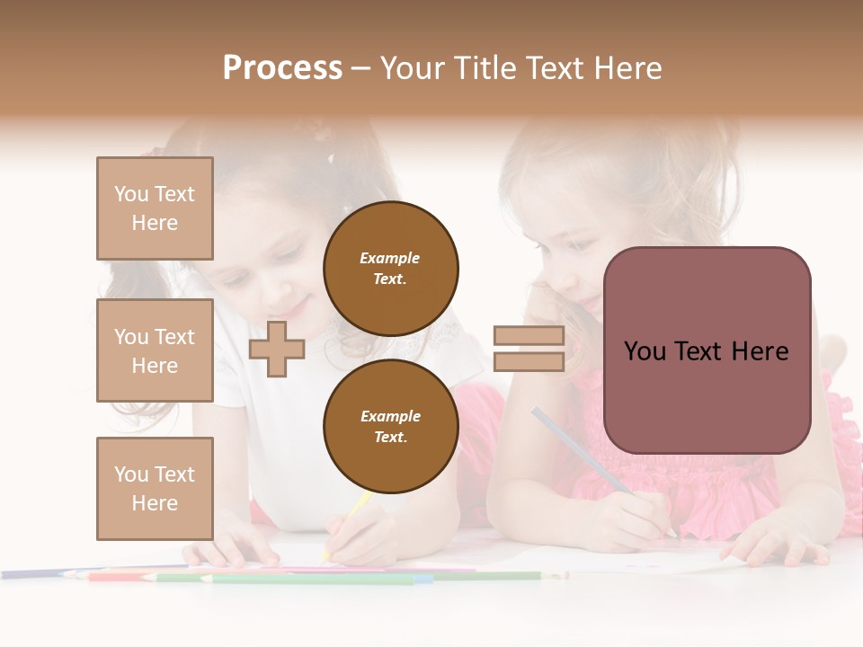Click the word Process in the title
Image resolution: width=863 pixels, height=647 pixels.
pyautogui.click(x=282, y=68)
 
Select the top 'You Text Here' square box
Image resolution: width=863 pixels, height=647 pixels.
pyautogui.click(x=155, y=208)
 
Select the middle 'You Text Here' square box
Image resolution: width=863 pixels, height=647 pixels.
pyautogui.click(x=155, y=350)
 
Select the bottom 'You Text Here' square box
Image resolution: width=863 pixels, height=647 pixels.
pyautogui.click(x=155, y=488)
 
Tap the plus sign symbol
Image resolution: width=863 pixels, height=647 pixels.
pyautogui.click(x=276, y=349)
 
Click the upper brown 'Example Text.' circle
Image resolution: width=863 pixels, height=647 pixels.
pyautogui.click(x=390, y=268)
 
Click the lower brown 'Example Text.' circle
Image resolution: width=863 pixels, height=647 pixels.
pyautogui.click(x=390, y=426)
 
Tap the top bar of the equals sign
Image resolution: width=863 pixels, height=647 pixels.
pyautogui.click(x=529, y=336)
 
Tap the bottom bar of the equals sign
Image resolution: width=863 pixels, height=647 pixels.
pyautogui.click(x=529, y=362)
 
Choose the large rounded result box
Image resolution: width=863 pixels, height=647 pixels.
pyautogui.click(x=707, y=350)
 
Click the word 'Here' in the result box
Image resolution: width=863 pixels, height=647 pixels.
pyautogui.click(x=759, y=351)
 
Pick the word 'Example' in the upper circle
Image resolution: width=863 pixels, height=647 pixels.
pyautogui.click(x=390, y=258)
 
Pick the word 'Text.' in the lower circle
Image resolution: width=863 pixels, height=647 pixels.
pyautogui.click(x=390, y=437)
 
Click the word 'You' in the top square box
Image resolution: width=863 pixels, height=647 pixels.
pyautogui.click(x=130, y=194)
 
